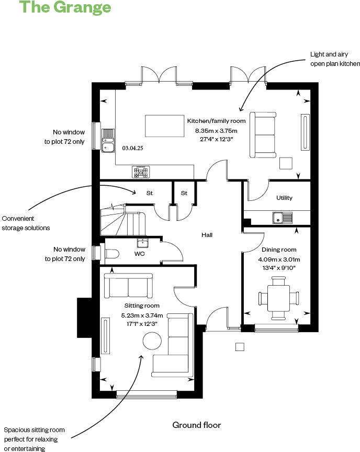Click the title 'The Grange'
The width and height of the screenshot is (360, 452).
(65, 7)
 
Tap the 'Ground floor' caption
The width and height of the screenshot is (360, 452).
(197, 425)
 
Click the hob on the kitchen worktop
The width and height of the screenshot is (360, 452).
(141, 171)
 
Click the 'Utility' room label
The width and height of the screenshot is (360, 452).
(285, 198)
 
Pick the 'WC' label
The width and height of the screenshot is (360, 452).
(140, 254)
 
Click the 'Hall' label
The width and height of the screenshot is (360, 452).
(207, 235)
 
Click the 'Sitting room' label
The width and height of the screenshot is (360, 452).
(142, 306)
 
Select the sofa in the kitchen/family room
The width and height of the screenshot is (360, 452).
(263, 134)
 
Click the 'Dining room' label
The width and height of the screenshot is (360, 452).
(278, 250)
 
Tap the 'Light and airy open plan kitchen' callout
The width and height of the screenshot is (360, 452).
(335, 59)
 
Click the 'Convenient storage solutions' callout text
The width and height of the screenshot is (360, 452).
(26, 223)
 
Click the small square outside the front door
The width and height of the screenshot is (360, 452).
(240, 346)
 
